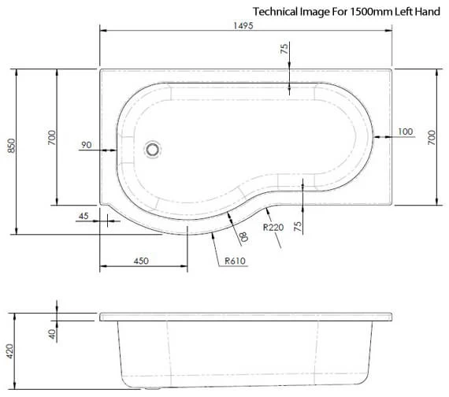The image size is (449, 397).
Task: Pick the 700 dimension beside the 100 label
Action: coord(432,138)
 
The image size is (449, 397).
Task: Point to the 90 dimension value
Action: coord(87,144)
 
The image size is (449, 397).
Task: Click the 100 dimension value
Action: coord(406,131)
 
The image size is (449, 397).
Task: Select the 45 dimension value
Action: coord(84,215)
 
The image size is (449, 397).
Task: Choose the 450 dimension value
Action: coord(141,260)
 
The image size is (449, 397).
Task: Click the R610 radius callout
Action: coord(235,261)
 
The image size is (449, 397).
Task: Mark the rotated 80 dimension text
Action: coord(243,235)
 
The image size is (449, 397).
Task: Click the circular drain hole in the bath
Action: coord(154,147)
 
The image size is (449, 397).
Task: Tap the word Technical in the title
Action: coord(274,11)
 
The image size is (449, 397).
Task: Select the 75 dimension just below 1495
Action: coord(284,50)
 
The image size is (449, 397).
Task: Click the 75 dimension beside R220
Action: coord(298,225)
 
